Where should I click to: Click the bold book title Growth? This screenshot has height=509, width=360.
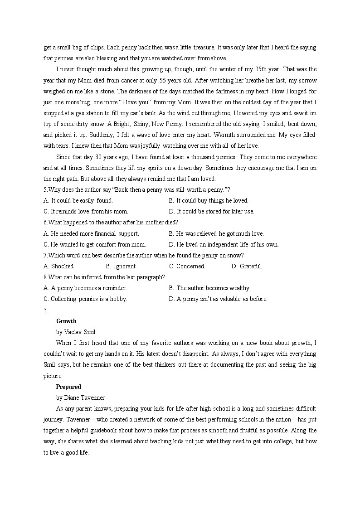(x=66, y=321)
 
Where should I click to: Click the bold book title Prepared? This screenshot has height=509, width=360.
(x=68, y=387)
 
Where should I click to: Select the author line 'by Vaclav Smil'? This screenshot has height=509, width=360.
(x=76, y=332)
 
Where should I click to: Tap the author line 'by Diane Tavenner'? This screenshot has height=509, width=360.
(x=80, y=398)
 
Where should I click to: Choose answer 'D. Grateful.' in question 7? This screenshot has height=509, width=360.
(x=247, y=266)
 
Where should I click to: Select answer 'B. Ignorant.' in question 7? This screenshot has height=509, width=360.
(x=121, y=266)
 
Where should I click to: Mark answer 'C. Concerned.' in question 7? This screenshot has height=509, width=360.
(x=187, y=266)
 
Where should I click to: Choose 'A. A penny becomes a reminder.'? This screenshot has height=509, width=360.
(x=85, y=288)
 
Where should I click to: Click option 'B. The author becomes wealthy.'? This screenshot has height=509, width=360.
(x=209, y=288)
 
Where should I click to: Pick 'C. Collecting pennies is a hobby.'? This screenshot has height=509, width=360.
(x=85, y=299)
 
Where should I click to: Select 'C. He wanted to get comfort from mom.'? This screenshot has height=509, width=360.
(x=94, y=244)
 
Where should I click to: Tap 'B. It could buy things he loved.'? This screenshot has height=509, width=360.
(x=209, y=200)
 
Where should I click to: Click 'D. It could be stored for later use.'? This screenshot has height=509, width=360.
(x=211, y=211)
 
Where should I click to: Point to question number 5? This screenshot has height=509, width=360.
(x=45, y=189)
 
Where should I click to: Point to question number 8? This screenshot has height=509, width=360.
(x=45, y=277)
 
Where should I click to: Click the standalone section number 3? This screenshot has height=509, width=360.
(x=45, y=310)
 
